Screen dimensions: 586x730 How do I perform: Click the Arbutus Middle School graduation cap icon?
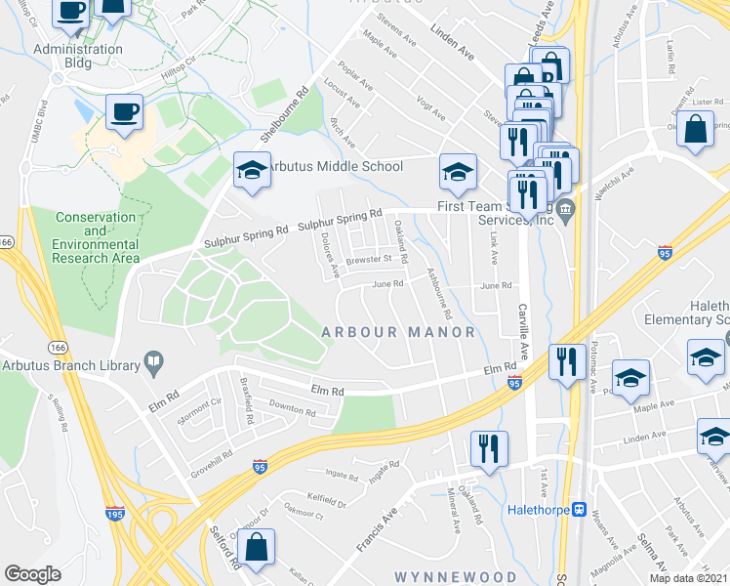click(251, 170)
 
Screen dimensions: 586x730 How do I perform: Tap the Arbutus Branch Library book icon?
click(153, 362)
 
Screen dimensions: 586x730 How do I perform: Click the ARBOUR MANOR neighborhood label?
click(398, 332)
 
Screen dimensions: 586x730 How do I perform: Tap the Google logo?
click(32, 574)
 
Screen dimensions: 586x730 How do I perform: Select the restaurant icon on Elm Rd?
click(567, 360)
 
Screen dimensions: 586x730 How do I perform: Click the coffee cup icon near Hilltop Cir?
click(124, 110)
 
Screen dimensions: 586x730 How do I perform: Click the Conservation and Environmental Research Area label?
click(95, 237)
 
